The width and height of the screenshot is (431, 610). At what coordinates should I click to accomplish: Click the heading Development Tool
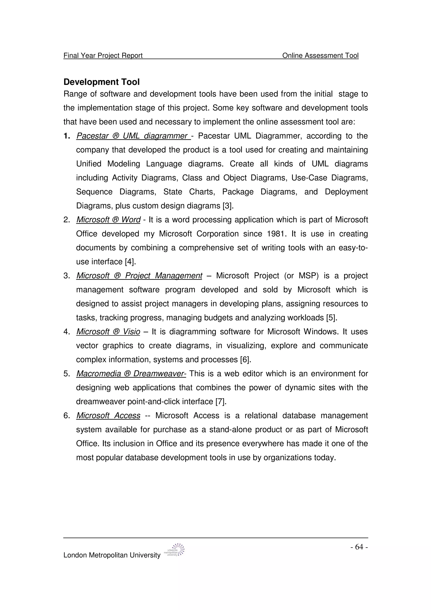(x=101, y=82)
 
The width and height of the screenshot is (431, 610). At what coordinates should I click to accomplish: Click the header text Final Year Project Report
(x=103, y=56)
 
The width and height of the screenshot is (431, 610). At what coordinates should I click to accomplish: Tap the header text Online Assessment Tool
(x=320, y=56)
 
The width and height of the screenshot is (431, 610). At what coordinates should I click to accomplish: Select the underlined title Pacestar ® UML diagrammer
(x=133, y=136)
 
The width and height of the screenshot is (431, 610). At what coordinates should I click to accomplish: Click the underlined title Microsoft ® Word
(x=108, y=220)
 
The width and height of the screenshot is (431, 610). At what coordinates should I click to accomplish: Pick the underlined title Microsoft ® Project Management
(x=139, y=276)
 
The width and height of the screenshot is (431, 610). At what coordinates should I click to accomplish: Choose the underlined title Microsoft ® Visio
(x=108, y=332)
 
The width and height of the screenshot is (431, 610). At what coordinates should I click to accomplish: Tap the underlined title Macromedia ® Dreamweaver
(x=131, y=374)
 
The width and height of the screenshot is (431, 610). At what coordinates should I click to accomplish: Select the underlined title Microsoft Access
(x=108, y=416)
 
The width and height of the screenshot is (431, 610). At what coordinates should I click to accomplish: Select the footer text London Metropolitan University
(x=112, y=555)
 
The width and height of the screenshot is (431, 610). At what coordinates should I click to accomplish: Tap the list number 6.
(x=66, y=416)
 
